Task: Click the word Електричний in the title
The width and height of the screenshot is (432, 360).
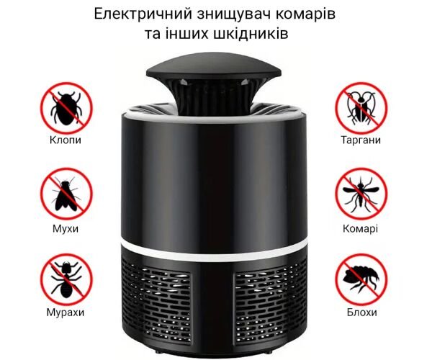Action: (x=143, y=14)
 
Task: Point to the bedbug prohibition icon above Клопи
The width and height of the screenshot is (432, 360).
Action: (x=66, y=108)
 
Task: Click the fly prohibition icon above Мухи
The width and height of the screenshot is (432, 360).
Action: (x=66, y=194)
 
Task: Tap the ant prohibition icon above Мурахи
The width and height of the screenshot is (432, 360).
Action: (x=66, y=279)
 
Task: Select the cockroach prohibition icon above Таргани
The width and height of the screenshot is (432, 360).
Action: (x=361, y=108)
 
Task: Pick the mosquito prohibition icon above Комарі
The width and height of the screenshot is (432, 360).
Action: (x=361, y=194)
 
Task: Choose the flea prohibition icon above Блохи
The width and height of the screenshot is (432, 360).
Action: (x=361, y=279)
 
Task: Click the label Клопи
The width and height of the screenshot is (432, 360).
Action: (x=66, y=140)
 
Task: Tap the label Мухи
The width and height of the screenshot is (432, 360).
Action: (x=66, y=229)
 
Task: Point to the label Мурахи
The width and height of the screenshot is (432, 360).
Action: (x=66, y=312)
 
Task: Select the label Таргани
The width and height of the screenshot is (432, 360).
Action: (x=361, y=140)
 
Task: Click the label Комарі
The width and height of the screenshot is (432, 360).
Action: (x=361, y=229)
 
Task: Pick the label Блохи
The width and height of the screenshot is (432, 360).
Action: (x=361, y=312)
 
